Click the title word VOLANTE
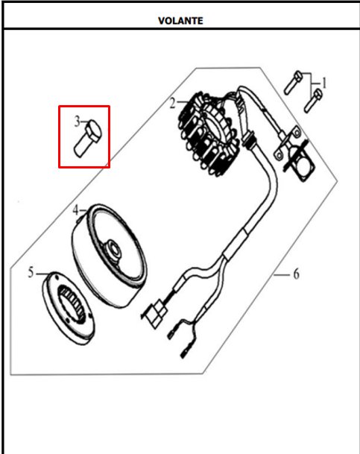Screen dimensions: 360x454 click(180, 21)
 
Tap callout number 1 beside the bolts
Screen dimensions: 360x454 click(324, 83)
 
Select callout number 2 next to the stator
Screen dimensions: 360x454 click(172, 103)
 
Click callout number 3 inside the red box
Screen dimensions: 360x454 click(77, 122)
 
